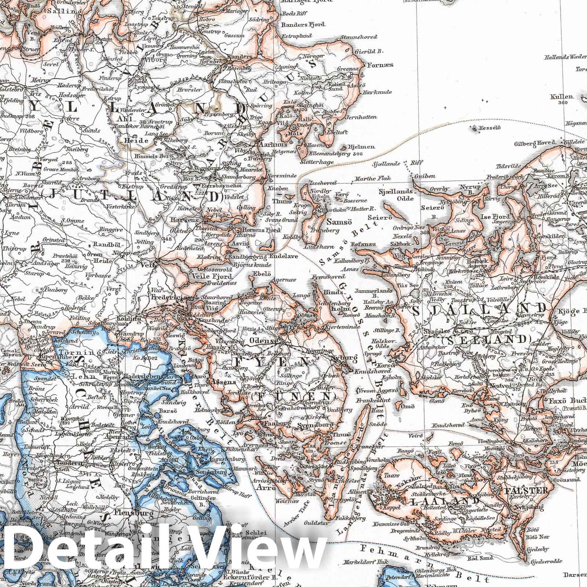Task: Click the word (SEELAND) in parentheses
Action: coord(486,339)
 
